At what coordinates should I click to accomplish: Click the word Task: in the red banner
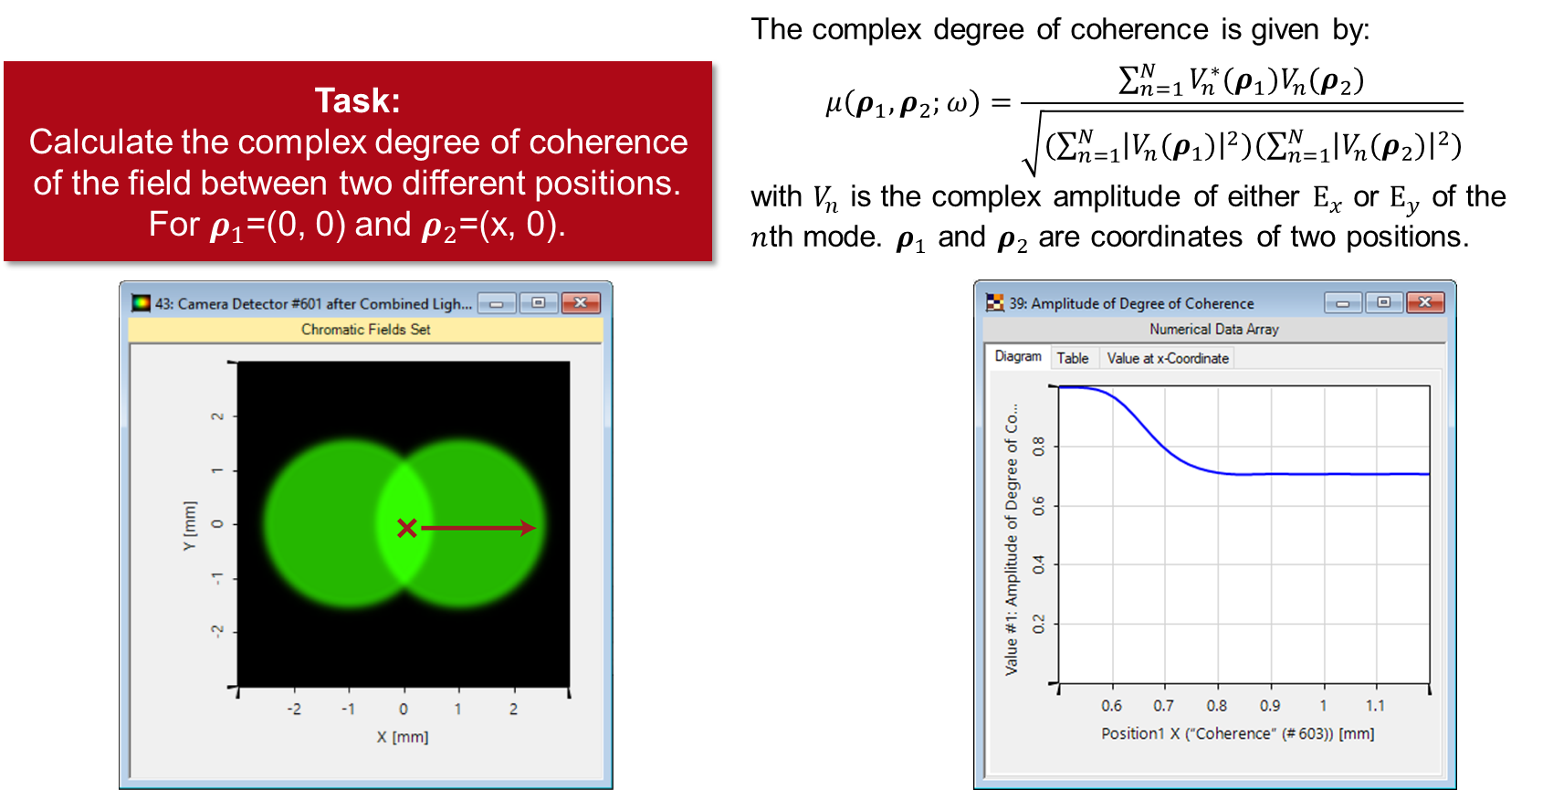point(357,100)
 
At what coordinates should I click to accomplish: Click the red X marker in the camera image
point(407,528)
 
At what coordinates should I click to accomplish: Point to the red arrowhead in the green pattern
point(528,528)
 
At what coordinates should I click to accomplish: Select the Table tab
point(1073,358)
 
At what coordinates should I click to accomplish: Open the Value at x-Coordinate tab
point(1168,358)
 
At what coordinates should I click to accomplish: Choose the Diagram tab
point(1018,356)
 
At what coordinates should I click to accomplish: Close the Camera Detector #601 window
point(581,302)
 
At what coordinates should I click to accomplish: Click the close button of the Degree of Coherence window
point(1425,302)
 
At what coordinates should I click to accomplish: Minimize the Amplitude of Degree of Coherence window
point(1342,302)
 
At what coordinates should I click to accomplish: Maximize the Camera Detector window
point(539,302)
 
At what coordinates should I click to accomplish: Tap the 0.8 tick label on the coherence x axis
point(1217,706)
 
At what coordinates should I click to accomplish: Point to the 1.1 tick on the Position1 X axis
point(1375,706)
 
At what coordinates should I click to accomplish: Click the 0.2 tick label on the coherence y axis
point(1039,625)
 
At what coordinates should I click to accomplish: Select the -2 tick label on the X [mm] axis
point(294,709)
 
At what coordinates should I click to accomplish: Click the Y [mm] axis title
point(189,525)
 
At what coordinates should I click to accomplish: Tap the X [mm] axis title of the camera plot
point(403,737)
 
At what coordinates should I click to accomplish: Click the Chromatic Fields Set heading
point(366,329)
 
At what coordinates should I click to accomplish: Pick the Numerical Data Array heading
point(1214,329)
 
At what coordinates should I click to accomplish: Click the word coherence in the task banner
point(608,142)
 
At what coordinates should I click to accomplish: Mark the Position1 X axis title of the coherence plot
point(1237,733)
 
